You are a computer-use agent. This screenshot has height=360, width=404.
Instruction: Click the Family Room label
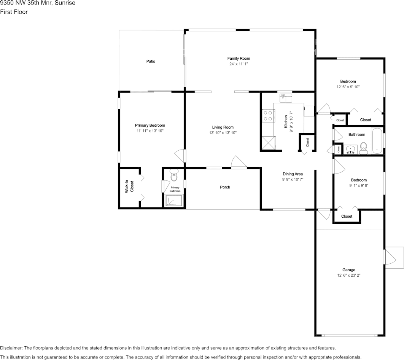pos(239,59)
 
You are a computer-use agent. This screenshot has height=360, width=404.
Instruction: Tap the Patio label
pos(151,61)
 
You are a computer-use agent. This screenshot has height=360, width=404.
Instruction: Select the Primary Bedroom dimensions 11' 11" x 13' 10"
pos(150,131)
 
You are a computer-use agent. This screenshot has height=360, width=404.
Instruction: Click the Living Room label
pos(223,127)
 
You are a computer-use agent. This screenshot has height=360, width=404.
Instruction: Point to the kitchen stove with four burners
pos(268,116)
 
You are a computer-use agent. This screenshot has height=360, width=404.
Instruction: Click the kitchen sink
pos(286,98)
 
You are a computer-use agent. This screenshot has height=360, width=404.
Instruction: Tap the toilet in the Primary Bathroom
pos(174,175)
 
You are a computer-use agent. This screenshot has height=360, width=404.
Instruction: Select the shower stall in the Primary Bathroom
pos(174,201)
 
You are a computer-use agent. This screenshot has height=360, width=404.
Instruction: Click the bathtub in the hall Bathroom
pos(377,141)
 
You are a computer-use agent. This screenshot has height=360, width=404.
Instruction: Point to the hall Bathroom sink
pos(350,150)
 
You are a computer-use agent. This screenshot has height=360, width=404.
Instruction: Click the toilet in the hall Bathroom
pos(364,148)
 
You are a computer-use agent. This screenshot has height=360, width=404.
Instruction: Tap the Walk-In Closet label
pos(130,186)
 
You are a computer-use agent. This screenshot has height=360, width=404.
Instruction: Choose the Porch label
pos(225,187)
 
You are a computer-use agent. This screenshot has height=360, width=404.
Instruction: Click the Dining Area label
pos(293,174)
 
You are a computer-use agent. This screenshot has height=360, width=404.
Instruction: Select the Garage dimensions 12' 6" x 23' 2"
pos(349,275)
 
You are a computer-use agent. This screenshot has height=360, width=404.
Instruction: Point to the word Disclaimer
pos(11,348)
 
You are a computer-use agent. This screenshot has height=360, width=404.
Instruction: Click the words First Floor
pos(14,12)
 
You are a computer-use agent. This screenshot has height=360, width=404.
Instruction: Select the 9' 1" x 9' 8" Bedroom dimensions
pos(359,185)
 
